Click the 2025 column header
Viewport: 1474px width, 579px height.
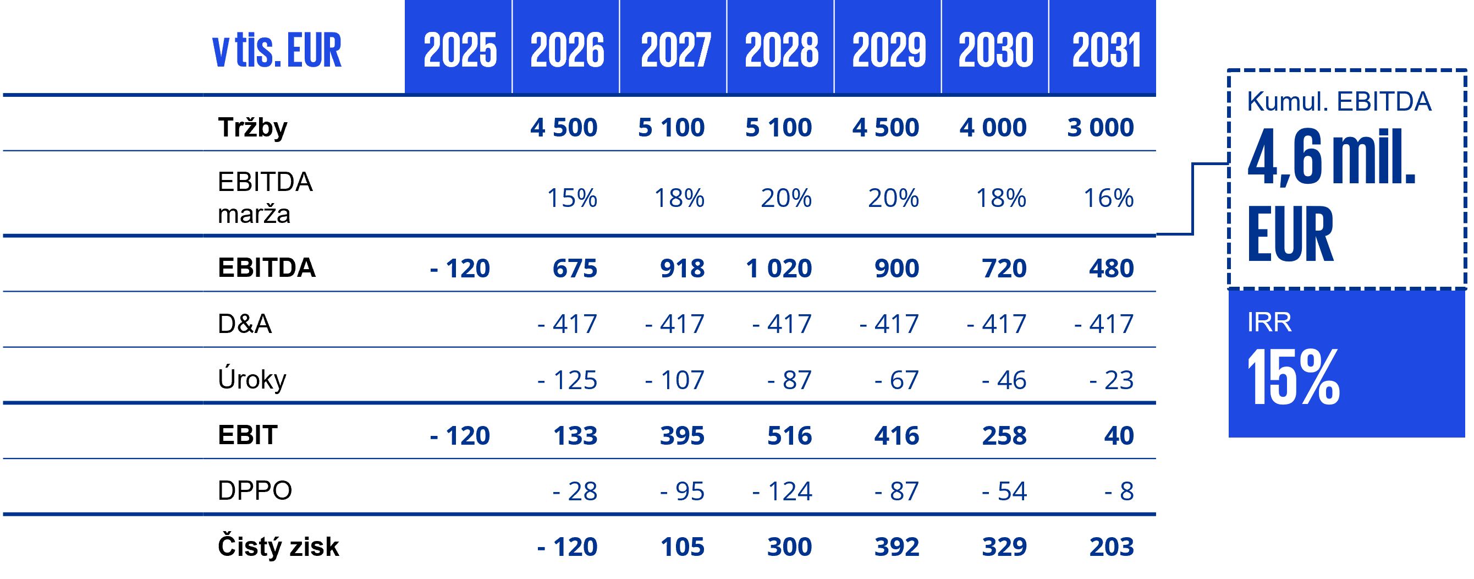(459, 51)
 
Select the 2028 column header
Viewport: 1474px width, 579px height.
(781, 51)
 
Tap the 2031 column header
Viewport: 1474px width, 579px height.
(1106, 51)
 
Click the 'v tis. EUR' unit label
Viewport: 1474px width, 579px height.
(277, 51)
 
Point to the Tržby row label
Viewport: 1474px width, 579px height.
(252, 127)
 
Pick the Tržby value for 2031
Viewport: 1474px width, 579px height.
(1100, 127)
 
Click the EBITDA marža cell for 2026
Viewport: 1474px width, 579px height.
(571, 198)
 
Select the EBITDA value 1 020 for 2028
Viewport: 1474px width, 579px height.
(778, 268)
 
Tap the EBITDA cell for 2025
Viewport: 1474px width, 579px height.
(459, 268)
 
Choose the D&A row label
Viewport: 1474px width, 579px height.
(244, 324)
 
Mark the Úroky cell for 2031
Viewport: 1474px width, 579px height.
(1110, 380)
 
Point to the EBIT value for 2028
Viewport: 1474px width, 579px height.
(789, 435)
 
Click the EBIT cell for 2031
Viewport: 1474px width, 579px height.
(1119, 435)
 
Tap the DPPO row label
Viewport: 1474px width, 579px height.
(255, 491)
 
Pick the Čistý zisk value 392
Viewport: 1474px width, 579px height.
(896, 547)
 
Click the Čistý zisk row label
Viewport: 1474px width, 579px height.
(278, 547)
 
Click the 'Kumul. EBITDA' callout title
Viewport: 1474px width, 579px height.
(1339, 102)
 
